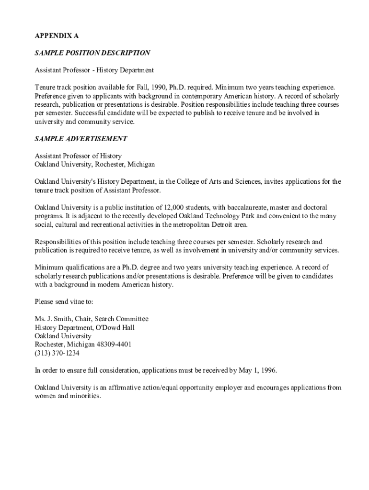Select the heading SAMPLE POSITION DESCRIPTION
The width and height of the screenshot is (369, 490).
coord(92,53)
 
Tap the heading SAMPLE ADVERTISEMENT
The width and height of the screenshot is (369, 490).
coord(81,139)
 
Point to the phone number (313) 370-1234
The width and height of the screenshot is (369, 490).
coord(57,354)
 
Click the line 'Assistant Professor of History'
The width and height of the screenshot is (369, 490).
coord(78,156)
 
